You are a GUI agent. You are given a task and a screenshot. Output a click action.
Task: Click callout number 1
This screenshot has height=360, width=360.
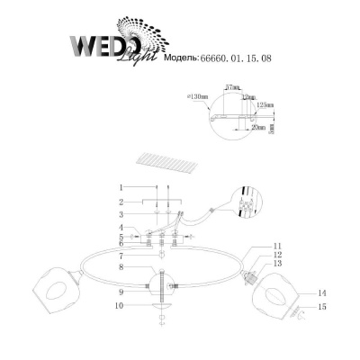[120, 187]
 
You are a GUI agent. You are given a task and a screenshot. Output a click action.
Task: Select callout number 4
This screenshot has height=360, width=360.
[120, 229]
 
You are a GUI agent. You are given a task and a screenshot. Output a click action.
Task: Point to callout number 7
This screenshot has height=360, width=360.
[120, 256]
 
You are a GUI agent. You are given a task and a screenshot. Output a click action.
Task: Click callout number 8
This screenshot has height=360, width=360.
[120, 267]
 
